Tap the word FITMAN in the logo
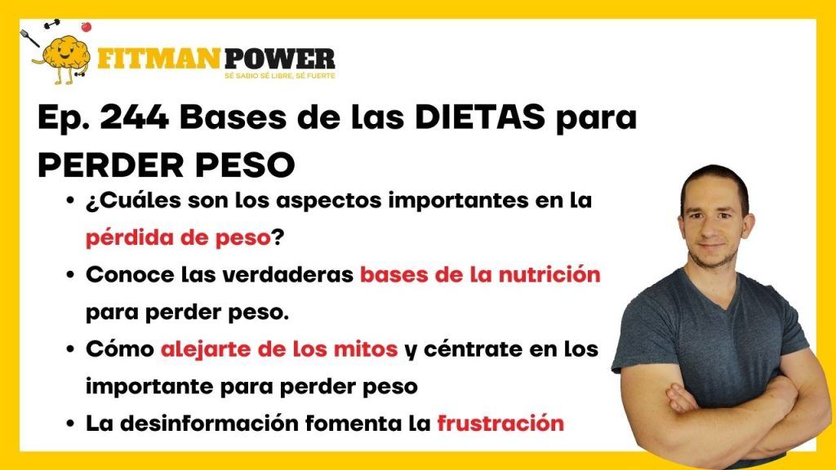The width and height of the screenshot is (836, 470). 159,58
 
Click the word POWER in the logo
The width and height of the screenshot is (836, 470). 279,58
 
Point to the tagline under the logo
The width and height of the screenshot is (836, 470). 280,76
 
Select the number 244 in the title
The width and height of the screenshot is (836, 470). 135,117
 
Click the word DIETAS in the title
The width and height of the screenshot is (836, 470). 480,117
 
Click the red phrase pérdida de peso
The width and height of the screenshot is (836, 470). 178,237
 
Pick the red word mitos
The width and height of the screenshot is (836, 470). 365,349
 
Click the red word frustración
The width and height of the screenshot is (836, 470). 500,423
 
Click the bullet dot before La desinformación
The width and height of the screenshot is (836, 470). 70,424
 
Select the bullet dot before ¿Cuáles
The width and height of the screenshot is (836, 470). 70,202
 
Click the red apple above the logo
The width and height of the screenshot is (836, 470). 86,26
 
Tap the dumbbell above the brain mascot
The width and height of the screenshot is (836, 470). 52,24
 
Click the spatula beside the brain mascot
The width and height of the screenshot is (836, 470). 30,38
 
